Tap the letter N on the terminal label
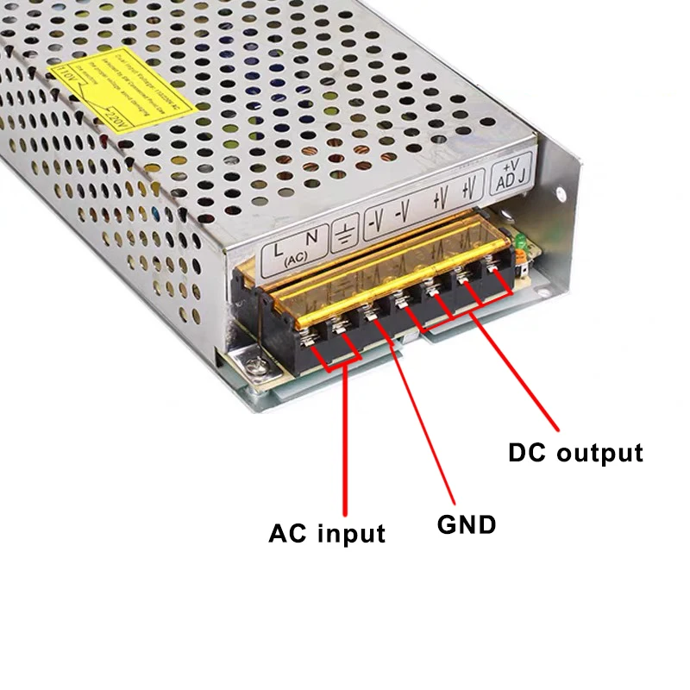312,238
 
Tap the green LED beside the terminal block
520,250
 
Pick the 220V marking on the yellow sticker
114,115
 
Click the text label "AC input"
326,533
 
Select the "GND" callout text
467,524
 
